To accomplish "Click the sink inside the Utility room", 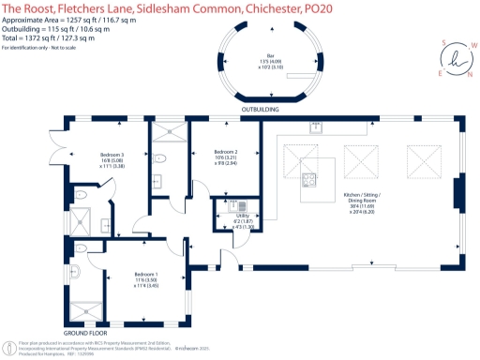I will (x=239, y=204).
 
